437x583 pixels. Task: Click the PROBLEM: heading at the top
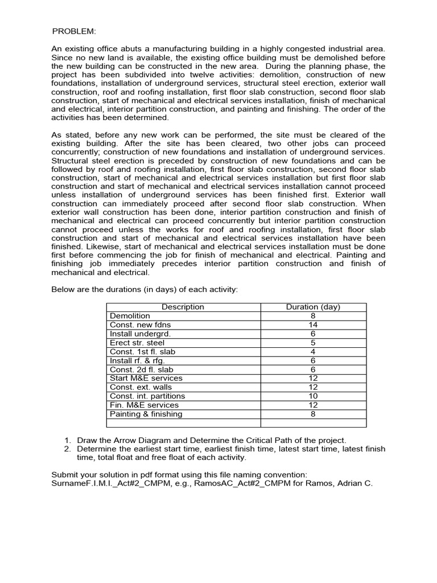pos(74,31)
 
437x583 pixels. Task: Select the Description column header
pos(183,307)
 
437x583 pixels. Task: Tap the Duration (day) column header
pos(313,307)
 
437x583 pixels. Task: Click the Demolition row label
pos(130,316)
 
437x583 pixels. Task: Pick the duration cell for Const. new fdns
pos(313,325)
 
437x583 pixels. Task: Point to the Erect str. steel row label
pos(137,343)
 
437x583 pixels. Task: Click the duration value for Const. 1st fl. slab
pos(313,351)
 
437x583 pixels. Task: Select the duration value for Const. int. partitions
pos(313,396)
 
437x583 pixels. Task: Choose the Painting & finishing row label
pos(146,414)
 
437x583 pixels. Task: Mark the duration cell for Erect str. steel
pos(313,343)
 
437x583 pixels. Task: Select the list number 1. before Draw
pos(67,440)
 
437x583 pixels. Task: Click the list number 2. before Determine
pos(67,449)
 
